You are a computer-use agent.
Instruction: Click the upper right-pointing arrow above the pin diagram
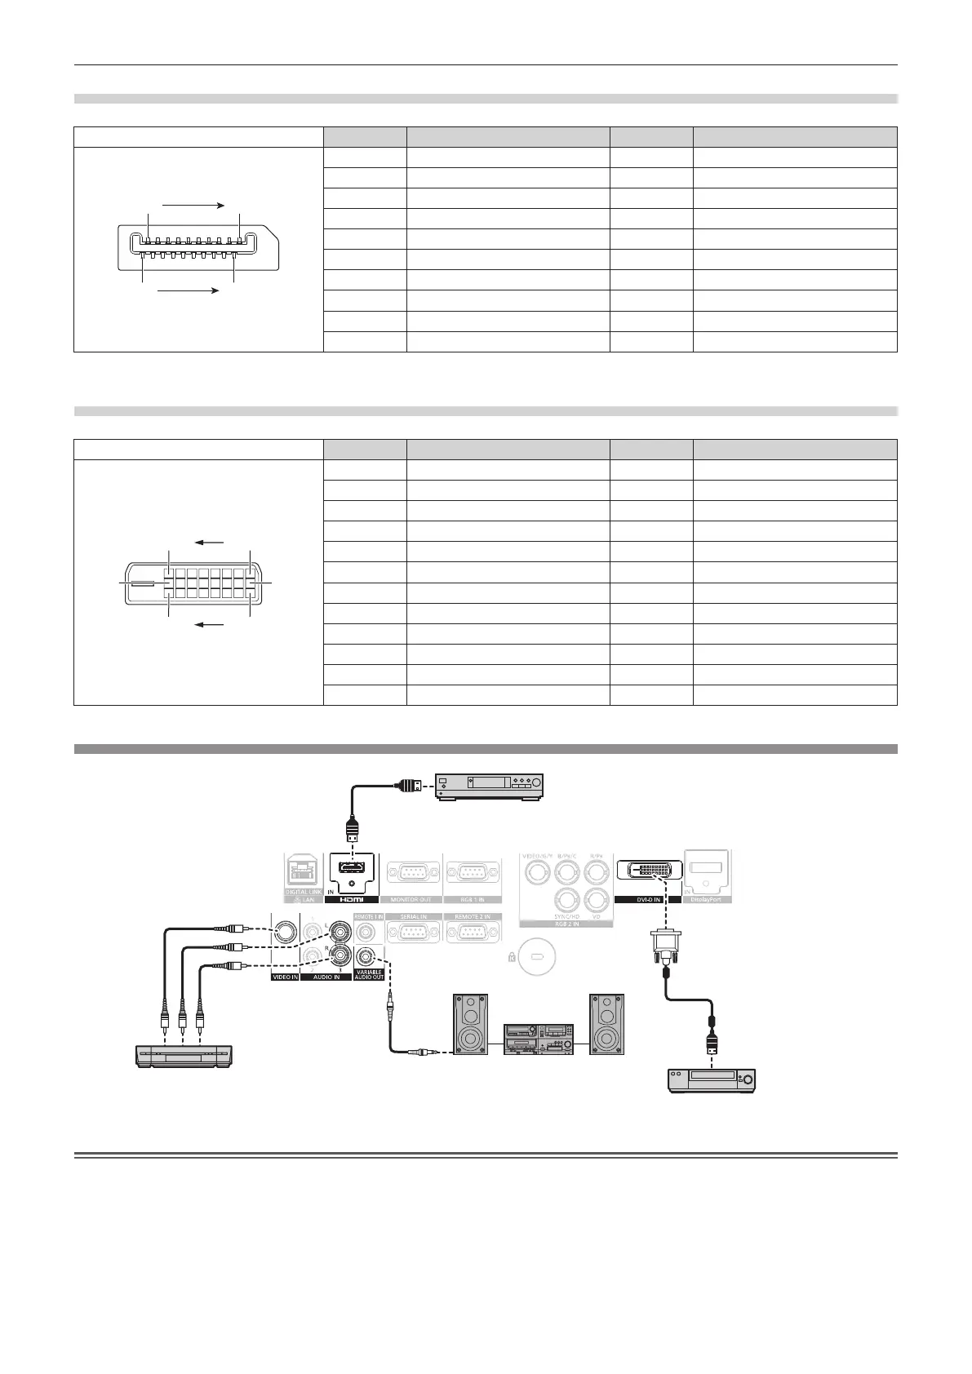(193, 206)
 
